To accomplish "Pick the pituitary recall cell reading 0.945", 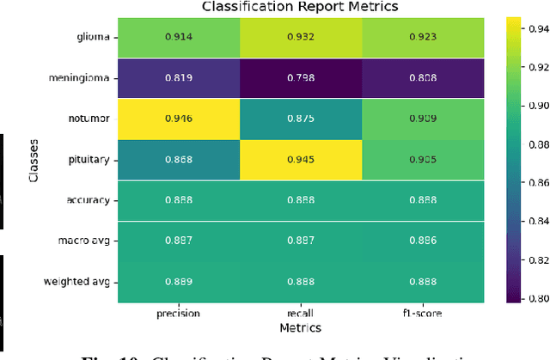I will click(x=300, y=160).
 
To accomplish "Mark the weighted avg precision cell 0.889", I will click(x=178, y=282).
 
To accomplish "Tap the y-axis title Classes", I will click(x=34, y=162).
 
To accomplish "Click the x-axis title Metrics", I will click(x=300, y=327).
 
